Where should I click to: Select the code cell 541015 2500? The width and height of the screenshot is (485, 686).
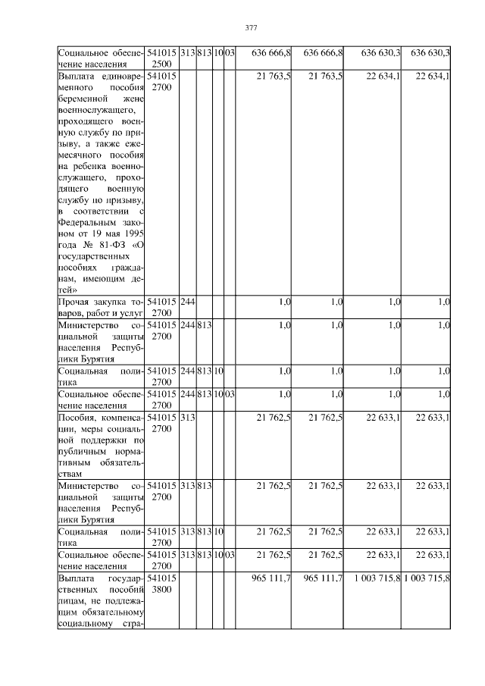click(x=162, y=58)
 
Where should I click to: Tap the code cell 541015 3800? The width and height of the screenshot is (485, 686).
click(x=162, y=584)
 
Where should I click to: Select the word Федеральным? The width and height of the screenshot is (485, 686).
click(x=89, y=223)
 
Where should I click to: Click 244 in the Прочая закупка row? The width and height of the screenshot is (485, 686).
click(x=187, y=302)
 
